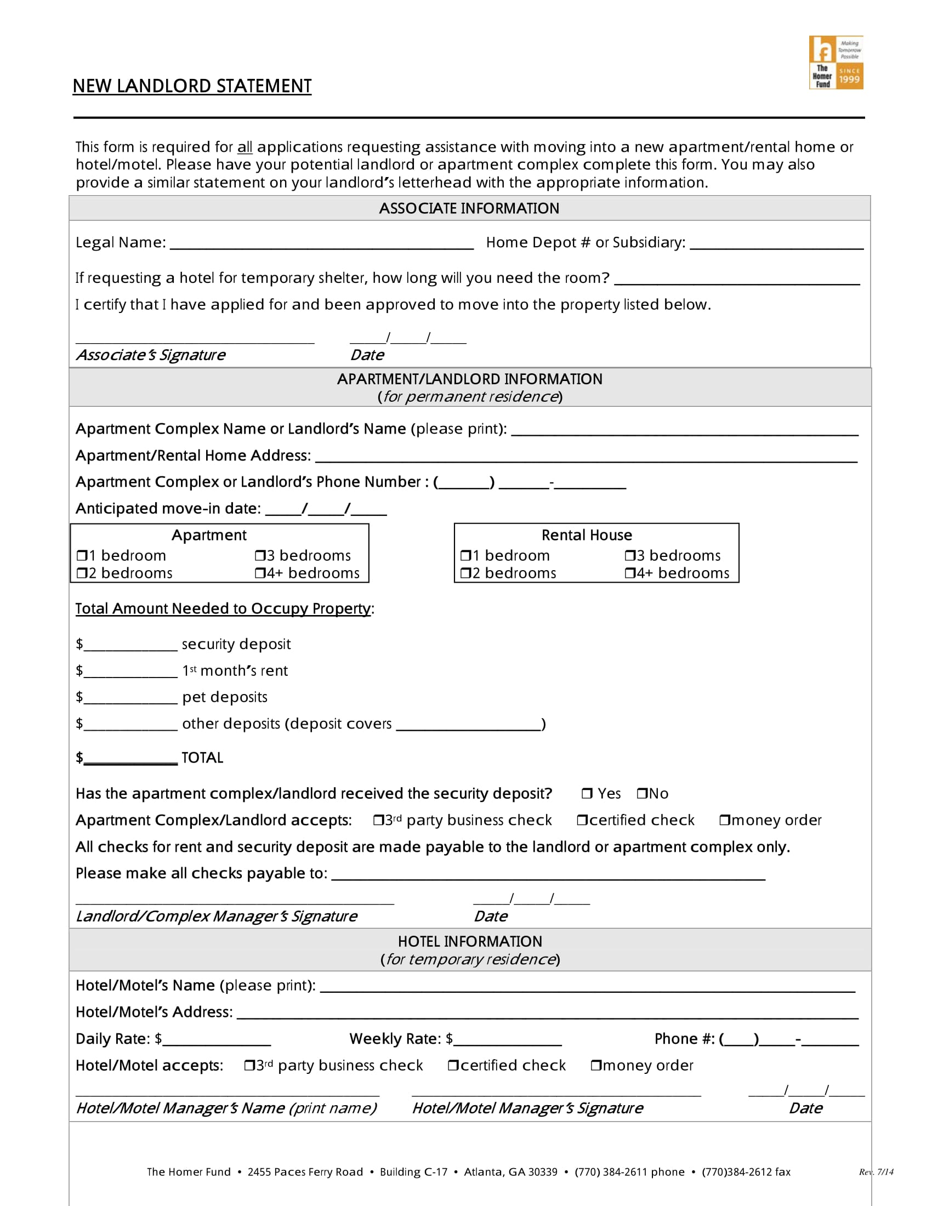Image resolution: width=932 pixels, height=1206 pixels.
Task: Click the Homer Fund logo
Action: pyautogui.click(x=836, y=62)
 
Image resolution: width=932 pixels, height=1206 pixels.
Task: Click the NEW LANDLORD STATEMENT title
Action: pyautogui.click(x=192, y=86)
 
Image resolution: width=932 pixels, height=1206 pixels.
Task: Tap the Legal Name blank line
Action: pyautogui.click(x=321, y=244)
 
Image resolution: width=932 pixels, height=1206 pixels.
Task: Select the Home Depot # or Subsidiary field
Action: pyautogui.click(x=776, y=244)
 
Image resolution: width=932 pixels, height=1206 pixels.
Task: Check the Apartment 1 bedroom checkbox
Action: pyautogui.click(x=82, y=555)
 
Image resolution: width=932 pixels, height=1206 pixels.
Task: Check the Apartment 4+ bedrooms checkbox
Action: pyautogui.click(x=259, y=573)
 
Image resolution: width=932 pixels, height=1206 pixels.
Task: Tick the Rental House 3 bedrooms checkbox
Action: pyautogui.click(x=629, y=555)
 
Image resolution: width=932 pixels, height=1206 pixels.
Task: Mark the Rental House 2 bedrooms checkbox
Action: pyautogui.click(x=465, y=573)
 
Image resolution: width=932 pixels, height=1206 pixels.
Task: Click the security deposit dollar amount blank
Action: pyautogui.click(x=130, y=645)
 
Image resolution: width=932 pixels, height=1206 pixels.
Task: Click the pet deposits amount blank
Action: pyautogui.click(x=130, y=698)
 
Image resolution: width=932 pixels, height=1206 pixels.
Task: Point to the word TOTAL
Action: pyautogui.click(x=202, y=758)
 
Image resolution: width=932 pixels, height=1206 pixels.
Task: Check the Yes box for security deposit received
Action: pyautogui.click(x=587, y=794)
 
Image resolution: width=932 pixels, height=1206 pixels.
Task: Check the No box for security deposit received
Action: pyautogui.click(x=641, y=794)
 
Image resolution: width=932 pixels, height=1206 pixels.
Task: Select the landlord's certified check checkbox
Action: pyautogui.click(x=582, y=820)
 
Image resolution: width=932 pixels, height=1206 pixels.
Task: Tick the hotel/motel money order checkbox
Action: pyautogui.click(x=596, y=1065)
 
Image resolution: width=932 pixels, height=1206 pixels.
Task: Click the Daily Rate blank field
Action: pyautogui.click(x=217, y=1040)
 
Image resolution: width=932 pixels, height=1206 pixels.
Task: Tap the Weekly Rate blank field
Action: pyautogui.click(x=507, y=1040)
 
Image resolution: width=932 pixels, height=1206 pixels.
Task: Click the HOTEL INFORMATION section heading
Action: pyautogui.click(x=470, y=941)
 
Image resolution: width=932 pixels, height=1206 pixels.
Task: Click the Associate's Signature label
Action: pyautogui.click(x=151, y=355)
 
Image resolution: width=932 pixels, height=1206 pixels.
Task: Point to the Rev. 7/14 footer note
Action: pyautogui.click(x=876, y=1172)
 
